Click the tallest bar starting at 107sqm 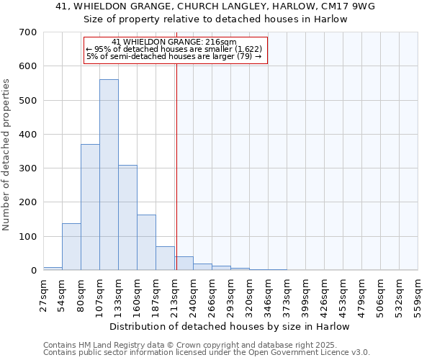pyautogui.click(x=109, y=175)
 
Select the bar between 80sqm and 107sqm pyautogui.click(x=90, y=207)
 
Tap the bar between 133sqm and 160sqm pyautogui.click(x=127, y=217)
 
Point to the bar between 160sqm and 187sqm pyautogui.click(x=146, y=243)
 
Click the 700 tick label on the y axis pyautogui.click(x=28, y=32)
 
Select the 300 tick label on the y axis pyautogui.click(x=28, y=168)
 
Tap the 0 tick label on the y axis pyautogui.click(x=33, y=271)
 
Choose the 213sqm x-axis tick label pyautogui.click(x=174, y=294)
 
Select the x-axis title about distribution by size pyautogui.click(x=230, y=326)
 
